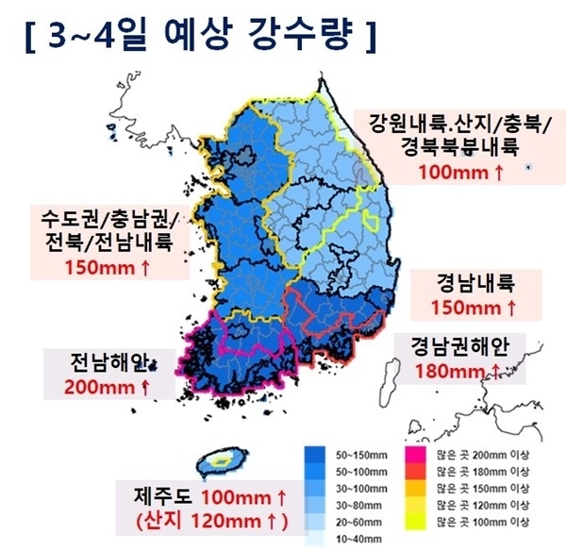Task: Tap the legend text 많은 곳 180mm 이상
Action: [477, 471]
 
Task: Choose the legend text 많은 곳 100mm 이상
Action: [477, 522]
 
